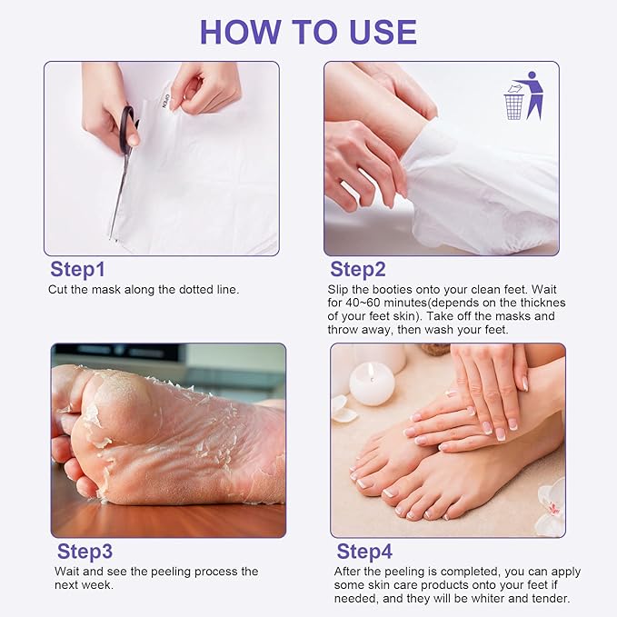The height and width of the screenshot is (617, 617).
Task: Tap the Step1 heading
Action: [77, 269]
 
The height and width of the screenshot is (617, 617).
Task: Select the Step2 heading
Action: [358, 269]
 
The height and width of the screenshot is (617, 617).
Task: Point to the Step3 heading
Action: [85, 552]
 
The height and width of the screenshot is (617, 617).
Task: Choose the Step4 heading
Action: [364, 552]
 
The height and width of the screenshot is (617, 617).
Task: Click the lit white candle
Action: [372, 383]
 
